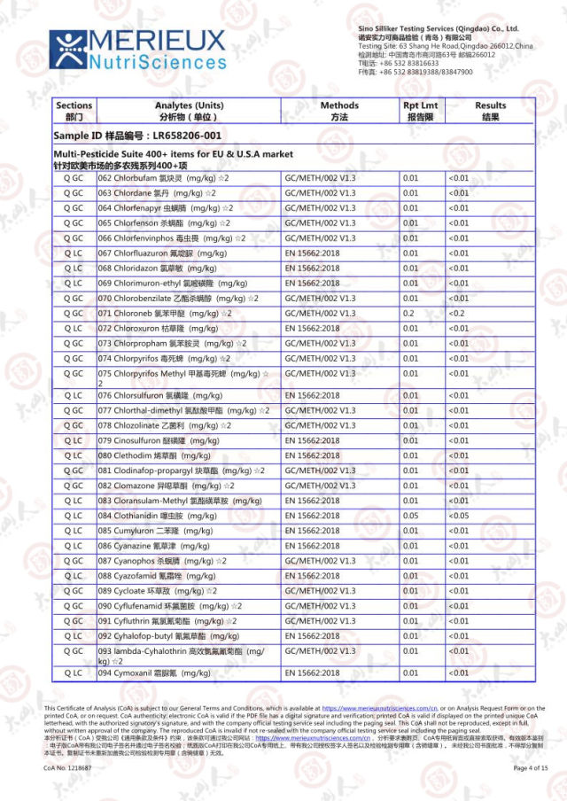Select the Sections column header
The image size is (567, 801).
[74, 111]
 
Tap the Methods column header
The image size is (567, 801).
[339, 111]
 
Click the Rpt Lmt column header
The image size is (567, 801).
[420, 111]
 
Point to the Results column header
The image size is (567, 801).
[490, 111]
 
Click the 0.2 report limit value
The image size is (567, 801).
[408, 313]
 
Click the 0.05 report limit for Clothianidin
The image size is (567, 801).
[410, 515]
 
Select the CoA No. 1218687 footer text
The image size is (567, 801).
[68, 767]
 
